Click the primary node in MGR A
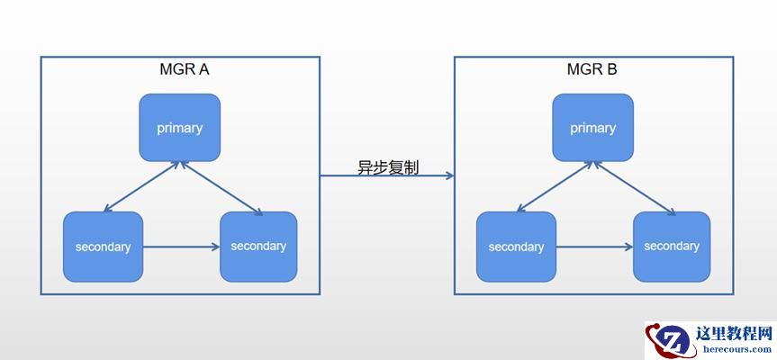pyautogui.click(x=179, y=127)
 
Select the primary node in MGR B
pyautogui.click(x=592, y=127)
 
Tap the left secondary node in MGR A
pyautogui.click(x=103, y=246)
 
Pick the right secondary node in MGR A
pyautogui.click(x=258, y=246)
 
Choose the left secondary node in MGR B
pyautogui.click(x=516, y=246)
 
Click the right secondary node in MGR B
pyautogui.click(x=672, y=246)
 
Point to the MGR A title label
pyautogui.click(x=185, y=68)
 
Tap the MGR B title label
pyautogui.click(x=592, y=68)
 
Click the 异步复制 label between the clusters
pyautogui.click(x=387, y=167)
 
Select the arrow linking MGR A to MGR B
pyautogui.click(x=387, y=177)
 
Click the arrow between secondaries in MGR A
pyautogui.click(x=181, y=246)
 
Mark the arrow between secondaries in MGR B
pyautogui.click(x=594, y=246)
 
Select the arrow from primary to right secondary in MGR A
pyautogui.click(x=221, y=187)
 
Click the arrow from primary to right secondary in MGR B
pyautogui.click(x=635, y=187)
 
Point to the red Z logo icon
pyautogui.click(x=667, y=339)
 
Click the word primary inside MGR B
pyautogui.click(x=592, y=128)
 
